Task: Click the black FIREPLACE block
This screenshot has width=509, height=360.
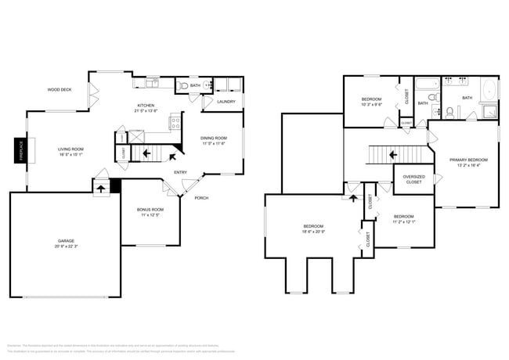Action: tap(20, 150)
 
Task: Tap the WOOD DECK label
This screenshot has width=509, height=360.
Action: tap(60, 90)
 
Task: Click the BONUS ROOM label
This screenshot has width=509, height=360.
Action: tap(151, 210)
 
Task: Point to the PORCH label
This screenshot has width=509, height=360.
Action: tap(201, 197)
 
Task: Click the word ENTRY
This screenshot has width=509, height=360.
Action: tap(180, 172)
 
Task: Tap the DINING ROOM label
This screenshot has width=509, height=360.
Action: tap(213, 138)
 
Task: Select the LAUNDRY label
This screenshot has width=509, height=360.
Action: tap(226, 102)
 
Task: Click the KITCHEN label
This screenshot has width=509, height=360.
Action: tap(146, 105)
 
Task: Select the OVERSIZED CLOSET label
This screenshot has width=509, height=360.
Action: tap(413, 180)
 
